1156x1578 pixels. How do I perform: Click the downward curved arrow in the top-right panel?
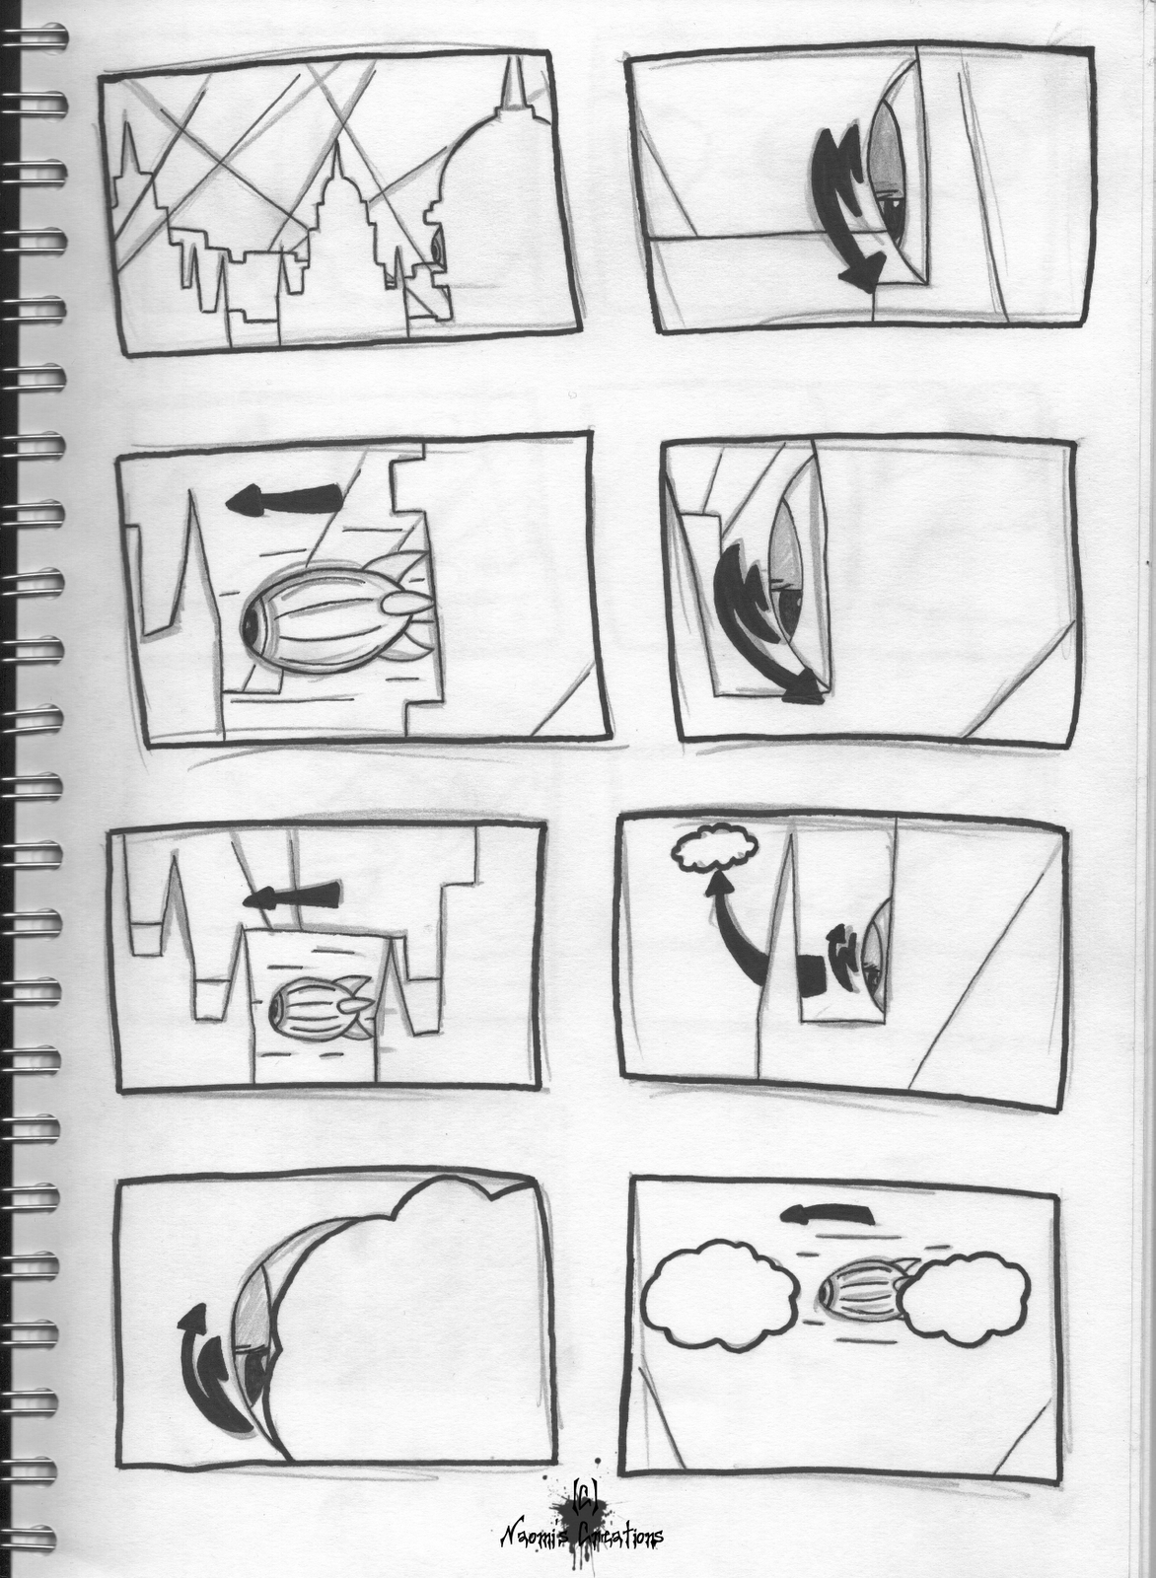[x=840, y=207]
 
